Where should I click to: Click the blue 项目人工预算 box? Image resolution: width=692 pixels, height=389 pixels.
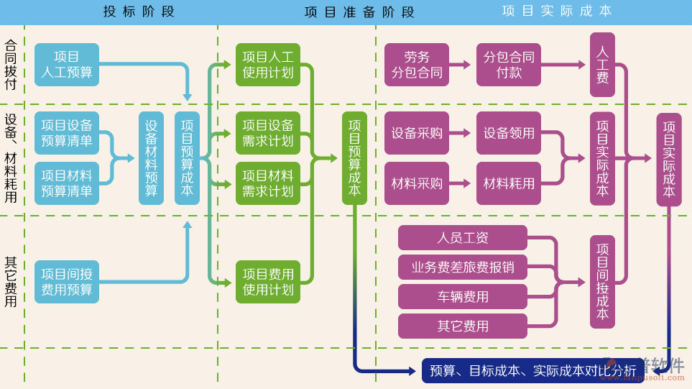pos(67,65)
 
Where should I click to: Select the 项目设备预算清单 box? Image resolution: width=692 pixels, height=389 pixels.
pos(67,133)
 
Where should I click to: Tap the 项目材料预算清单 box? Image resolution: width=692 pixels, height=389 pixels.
pos(67,183)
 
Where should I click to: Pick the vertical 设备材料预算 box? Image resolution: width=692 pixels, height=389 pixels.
pos(151,158)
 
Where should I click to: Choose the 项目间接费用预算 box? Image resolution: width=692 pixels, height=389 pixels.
pos(67,282)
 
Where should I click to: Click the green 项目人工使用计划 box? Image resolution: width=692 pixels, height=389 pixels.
pos(268,65)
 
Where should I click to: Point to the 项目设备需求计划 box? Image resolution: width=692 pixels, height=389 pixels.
pos(268,133)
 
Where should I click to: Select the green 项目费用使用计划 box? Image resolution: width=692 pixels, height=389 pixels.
pos(268,282)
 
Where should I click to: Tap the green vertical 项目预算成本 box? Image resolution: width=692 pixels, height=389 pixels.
pos(354,158)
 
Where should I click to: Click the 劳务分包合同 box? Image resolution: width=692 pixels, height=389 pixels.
pos(417,65)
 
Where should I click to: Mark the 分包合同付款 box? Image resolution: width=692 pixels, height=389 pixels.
pos(509,65)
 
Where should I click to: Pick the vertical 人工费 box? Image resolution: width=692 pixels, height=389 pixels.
pos(602,65)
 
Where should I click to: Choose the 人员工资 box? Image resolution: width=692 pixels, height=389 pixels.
pos(463,237)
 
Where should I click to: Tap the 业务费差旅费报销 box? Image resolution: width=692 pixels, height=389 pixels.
pos(463,267)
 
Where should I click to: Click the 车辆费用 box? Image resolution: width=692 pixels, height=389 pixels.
pos(463,296)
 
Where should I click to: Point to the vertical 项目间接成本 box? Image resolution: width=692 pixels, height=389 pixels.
pos(602,282)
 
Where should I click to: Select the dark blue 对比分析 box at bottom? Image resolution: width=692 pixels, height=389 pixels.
pos(532,371)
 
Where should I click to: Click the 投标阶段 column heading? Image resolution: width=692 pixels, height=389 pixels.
pos(139,12)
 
